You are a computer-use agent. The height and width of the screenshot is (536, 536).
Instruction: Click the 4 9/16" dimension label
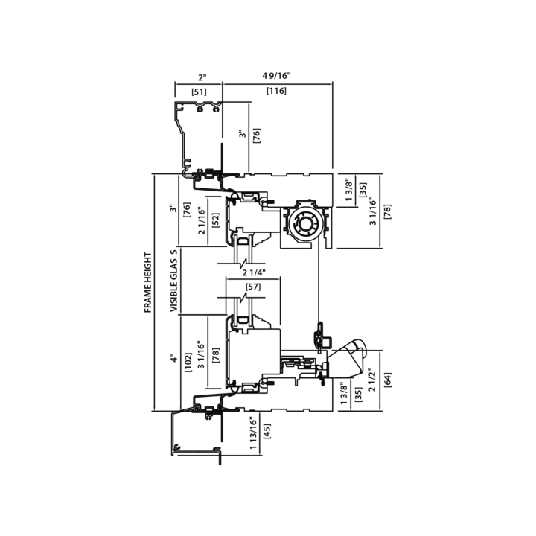point(276,75)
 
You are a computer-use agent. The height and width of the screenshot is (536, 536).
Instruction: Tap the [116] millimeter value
point(276,91)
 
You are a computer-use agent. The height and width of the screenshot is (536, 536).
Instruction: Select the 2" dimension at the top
point(202,77)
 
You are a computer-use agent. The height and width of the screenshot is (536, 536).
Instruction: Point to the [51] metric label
point(199,92)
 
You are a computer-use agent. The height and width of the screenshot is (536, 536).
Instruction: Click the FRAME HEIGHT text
point(147,282)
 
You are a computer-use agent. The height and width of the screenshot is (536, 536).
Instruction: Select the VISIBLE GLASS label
point(174,281)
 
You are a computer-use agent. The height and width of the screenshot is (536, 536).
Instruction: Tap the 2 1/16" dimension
point(202,221)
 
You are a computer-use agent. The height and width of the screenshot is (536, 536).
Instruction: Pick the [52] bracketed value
point(216,221)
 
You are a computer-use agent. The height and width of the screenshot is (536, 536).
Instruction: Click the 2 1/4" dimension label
point(254,272)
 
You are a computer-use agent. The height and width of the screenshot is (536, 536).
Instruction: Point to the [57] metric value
point(253,287)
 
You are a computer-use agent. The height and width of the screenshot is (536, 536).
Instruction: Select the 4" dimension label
point(174,359)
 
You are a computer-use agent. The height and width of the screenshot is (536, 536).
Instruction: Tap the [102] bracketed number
point(188,363)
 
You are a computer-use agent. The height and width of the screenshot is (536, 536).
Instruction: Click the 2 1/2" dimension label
point(372,380)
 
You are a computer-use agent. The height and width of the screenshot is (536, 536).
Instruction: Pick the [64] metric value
point(388,380)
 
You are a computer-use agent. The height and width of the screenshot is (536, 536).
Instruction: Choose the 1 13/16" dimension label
point(253,433)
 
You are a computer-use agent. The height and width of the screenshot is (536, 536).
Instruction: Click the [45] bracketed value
point(267,431)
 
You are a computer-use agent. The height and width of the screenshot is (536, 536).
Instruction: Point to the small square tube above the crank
point(327,342)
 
